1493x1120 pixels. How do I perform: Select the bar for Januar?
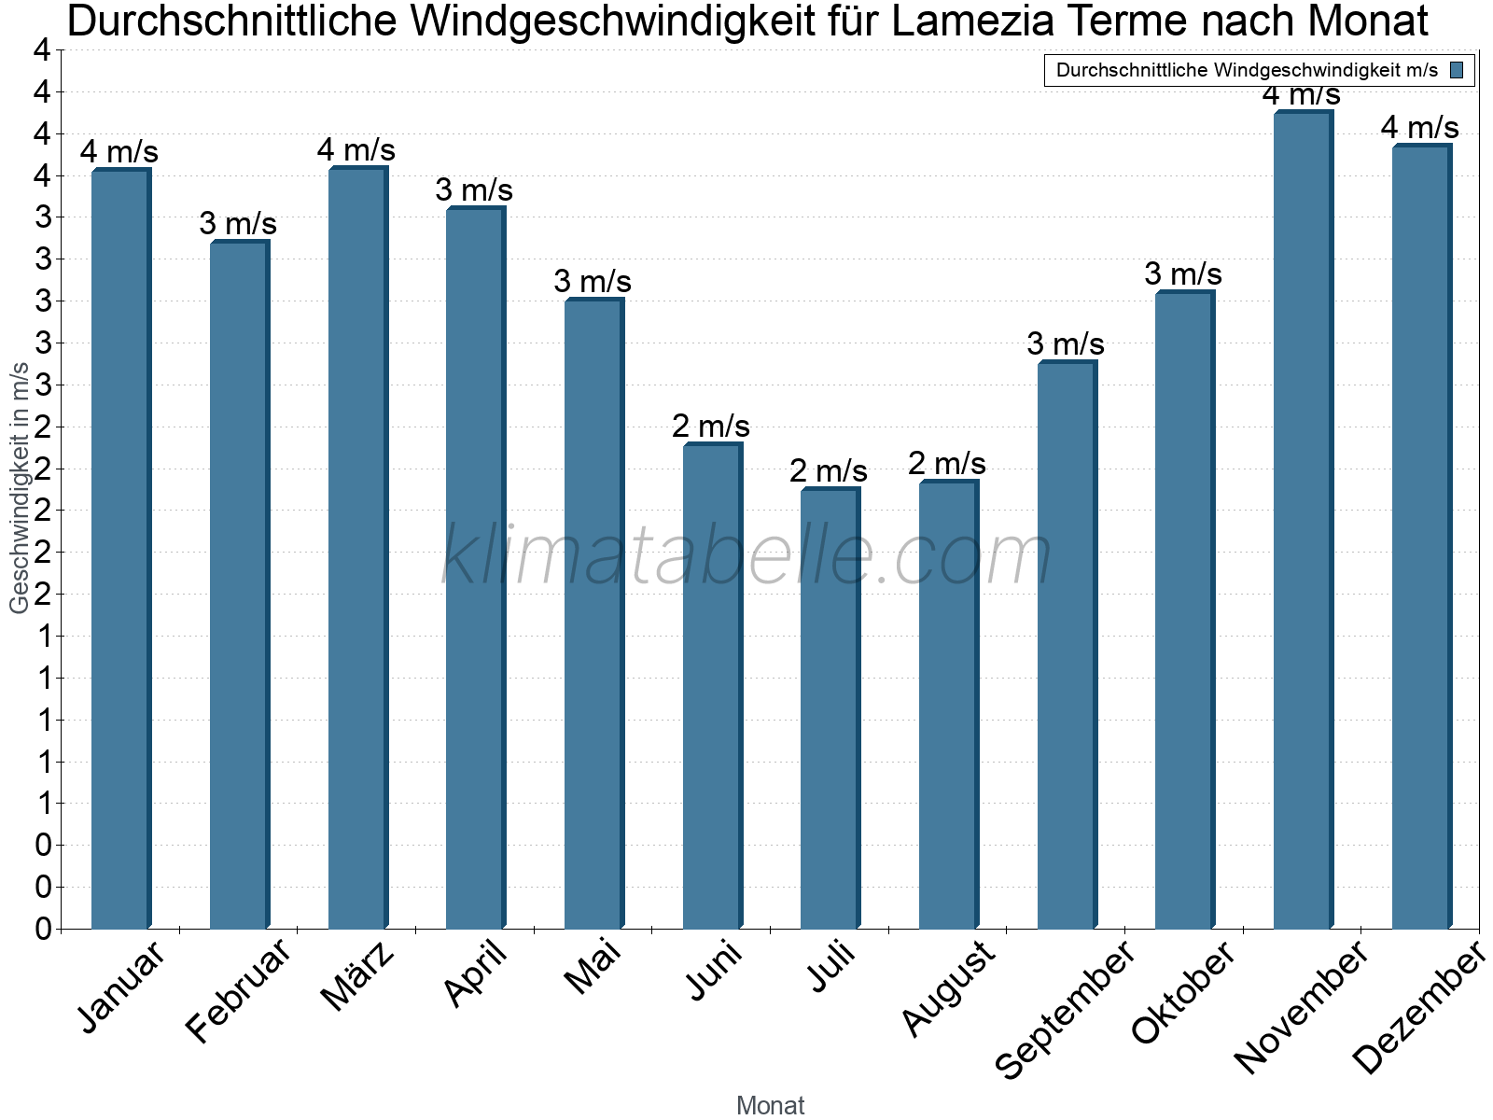[119, 551]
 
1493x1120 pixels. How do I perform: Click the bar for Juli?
[829, 709]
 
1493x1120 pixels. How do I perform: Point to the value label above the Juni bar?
[711, 427]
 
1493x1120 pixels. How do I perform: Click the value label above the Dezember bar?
[1420, 127]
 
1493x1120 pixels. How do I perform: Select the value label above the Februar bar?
[238, 224]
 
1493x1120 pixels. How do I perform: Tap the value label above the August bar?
[947, 464]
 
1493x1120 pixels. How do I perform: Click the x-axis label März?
[358, 976]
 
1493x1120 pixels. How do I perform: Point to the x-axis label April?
[476, 974]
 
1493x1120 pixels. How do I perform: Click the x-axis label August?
[949, 989]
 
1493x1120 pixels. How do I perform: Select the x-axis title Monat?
[770, 1106]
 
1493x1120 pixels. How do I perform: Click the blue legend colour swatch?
[1458, 70]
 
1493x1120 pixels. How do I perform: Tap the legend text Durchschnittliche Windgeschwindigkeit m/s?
[1247, 70]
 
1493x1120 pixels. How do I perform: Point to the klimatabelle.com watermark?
[746, 556]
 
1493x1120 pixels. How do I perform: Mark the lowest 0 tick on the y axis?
[43, 929]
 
